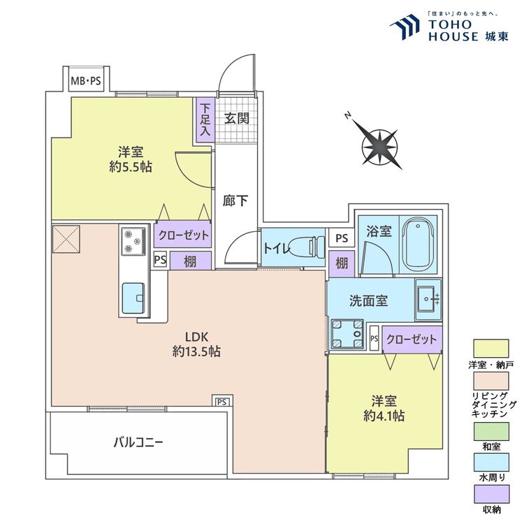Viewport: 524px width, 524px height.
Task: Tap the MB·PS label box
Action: click(86, 81)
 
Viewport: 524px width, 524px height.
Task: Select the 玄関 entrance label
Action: click(236, 118)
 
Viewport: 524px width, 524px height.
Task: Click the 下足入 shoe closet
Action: click(205, 120)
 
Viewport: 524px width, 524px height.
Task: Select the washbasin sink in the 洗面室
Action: click(428, 298)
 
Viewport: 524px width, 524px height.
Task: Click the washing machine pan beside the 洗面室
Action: click(347, 333)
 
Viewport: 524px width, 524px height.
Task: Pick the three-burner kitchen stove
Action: click(132, 240)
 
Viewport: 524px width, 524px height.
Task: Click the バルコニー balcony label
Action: click(138, 442)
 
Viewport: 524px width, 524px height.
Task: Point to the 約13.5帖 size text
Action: click(196, 351)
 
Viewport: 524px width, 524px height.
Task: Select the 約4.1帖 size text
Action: click(384, 416)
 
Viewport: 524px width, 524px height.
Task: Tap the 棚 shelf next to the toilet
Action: click(340, 263)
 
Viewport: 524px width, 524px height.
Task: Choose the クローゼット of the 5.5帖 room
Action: click(183, 235)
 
